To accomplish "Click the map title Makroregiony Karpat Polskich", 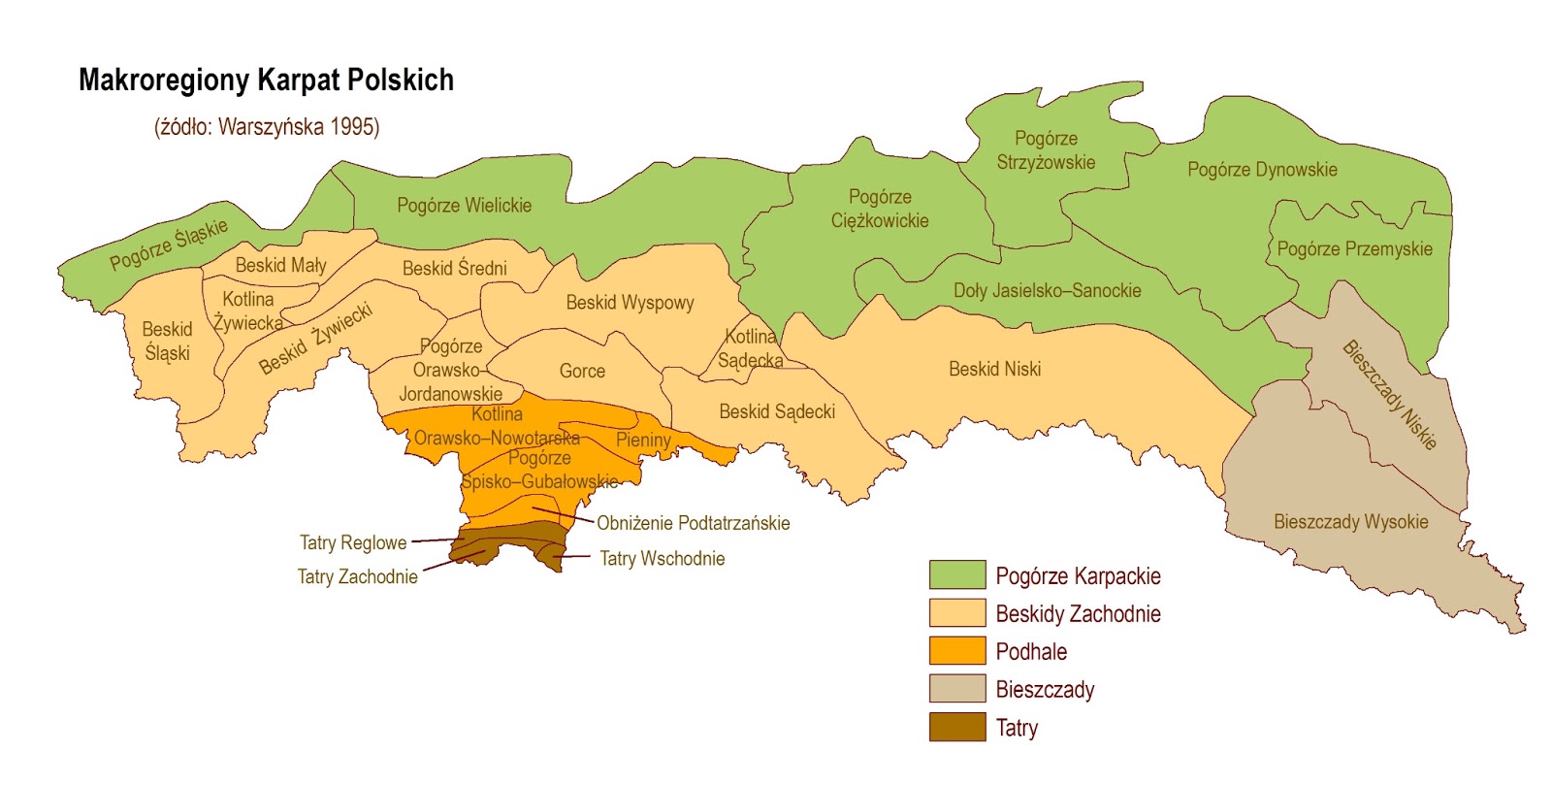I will point(266,81).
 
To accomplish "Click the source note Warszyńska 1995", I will point(267,127).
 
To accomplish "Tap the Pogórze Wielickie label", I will point(464,206).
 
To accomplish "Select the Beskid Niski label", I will point(994,370).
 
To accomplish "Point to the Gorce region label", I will point(582,372).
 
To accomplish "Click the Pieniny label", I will point(643,440).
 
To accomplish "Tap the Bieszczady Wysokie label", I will point(1350,522).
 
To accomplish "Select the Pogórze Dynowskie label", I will point(1262,170).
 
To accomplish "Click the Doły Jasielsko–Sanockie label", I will point(1047,291).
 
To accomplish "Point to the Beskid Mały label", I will point(280,266).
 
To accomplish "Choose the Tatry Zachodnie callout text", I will point(357,577).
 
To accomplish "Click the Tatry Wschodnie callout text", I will point(662,559).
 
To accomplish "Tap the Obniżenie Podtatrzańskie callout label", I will point(693,524).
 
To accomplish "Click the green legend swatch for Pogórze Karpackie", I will point(956,574).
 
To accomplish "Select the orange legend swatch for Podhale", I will point(956,651).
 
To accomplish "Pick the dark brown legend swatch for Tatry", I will point(956,727).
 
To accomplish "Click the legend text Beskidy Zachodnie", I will point(1078,614).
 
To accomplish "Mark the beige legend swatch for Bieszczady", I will point(956,689).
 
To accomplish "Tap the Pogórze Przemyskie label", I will point(1354,249).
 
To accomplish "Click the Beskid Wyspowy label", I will point(630,303).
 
